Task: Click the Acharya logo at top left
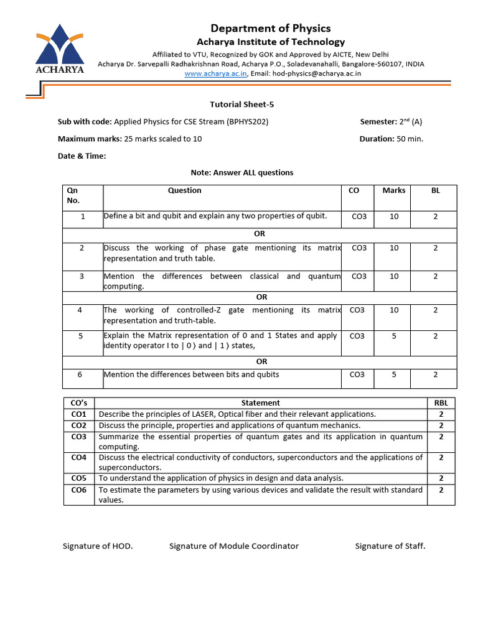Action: coord(60,50)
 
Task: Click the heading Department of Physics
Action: coord(270,28)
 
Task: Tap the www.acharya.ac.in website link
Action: coord(216,73)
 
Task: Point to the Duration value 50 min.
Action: coord(410,139)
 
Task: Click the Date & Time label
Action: coord(82,156)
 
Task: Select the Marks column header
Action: coord(393,190)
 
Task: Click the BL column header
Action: coord(435,190)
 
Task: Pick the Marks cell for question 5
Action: coord(393,336)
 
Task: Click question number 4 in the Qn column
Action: coord(82,310)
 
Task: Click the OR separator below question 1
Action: coord(260,234)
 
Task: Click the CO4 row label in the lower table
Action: coord(79,458)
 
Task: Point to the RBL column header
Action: coord(441,402)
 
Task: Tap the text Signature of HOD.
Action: coord(98,546)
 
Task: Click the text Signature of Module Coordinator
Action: coord(234,546)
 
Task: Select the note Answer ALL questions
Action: coord(241,172)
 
